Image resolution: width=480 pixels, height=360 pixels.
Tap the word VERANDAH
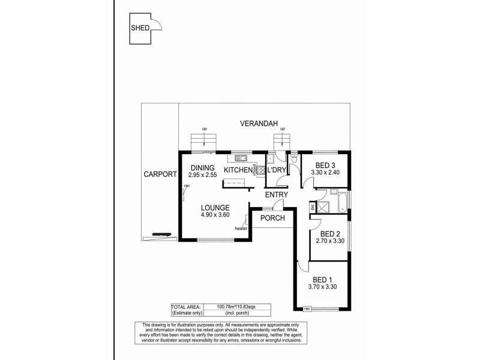(x=259, y=124)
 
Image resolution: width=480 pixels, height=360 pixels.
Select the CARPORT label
(x=160, y=175)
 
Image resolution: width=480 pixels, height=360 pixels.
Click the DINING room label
(x=201, y=167)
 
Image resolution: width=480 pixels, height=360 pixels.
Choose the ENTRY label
(x=277, y=194)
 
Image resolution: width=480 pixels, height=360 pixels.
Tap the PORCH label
(x=272, y=218)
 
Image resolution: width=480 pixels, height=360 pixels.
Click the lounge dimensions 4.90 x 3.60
(x=215, y=215)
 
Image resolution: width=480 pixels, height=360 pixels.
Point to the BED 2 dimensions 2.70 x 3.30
(x=330, y=241)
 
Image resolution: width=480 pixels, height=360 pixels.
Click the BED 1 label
(x=323, y=280)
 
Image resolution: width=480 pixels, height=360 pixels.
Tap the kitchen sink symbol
(x=241, y=158)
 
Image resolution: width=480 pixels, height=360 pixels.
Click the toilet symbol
(x=294, y=160)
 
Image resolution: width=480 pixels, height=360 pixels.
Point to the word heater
(x=241, y=228)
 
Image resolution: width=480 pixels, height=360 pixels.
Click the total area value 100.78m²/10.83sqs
(x=233, y=307)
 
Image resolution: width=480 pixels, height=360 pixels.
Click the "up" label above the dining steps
(x=205, y=129)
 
